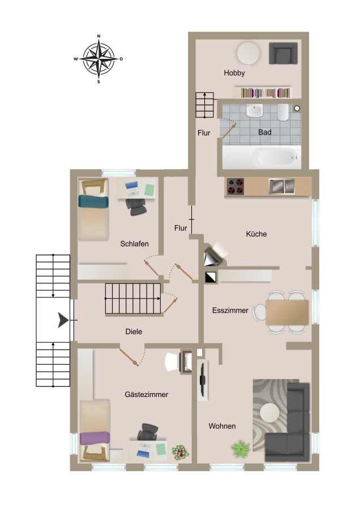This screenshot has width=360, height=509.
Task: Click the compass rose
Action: point(98,59)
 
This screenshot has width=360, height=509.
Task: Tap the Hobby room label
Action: point(234,73)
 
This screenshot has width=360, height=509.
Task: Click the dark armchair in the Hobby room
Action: point(283,53)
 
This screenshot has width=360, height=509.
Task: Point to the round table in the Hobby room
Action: point(248,53)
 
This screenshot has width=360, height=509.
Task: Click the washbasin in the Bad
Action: point(254,111)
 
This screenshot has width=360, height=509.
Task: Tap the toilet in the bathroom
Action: point(282,112)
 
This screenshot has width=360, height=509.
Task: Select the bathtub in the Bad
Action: point(262,157)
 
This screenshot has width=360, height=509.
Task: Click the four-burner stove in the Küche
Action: point(235,187)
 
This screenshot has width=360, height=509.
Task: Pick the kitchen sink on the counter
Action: point(282,186)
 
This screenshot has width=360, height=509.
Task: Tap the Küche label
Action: point(256,234)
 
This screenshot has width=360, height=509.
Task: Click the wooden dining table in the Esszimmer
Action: point(287,312)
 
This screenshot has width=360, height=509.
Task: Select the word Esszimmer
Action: point(230,310)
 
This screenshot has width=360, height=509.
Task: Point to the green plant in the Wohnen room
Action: point(241,449)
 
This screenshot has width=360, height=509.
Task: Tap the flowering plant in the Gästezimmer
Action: point(181,452)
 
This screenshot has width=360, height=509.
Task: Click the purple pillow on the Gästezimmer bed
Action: point(95,438)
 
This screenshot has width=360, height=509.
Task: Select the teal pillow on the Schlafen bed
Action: point(93,201)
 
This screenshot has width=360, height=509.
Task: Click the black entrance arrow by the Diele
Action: point(63,320)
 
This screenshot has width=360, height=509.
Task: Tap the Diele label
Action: point(134,331)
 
